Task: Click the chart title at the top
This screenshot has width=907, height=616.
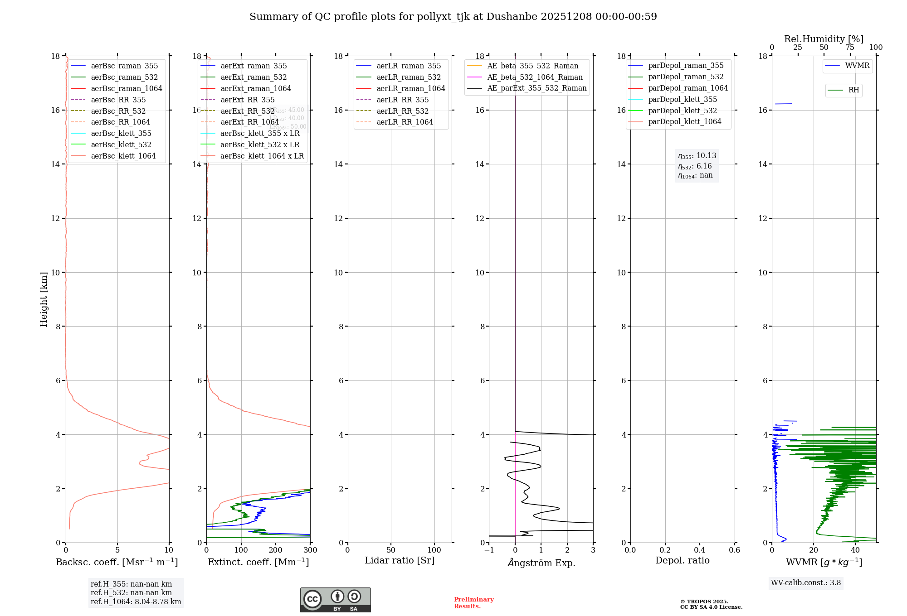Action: (x=453, y=17)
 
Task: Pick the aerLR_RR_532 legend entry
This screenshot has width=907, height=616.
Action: (x=403, y=111)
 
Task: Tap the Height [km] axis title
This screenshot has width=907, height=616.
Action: (x=44, y=299)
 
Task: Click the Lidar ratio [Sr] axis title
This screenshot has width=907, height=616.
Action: (x=400, y=560)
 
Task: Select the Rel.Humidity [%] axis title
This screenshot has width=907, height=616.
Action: (x=824, y=39)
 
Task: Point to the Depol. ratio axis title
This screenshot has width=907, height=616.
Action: (x=682, y=560)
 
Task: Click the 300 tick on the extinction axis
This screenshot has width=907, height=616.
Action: (x=311, y=550)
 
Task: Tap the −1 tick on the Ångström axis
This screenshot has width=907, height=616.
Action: (x=489, y=550)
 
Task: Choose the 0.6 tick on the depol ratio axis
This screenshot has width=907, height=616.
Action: (x=734, y=550)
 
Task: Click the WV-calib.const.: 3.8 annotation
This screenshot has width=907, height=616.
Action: (x=806, y=583)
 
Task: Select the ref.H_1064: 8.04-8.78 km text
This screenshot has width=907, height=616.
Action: (x=136, y=602)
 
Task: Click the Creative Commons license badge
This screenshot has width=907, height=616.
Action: (x=335, y=600)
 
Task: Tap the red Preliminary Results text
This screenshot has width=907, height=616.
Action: (x=473, y=603)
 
